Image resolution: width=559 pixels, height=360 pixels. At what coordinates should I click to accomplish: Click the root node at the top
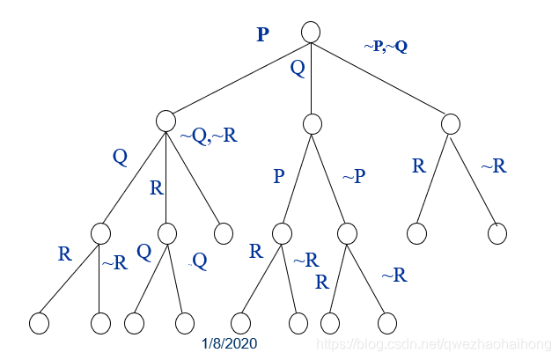[310, 32]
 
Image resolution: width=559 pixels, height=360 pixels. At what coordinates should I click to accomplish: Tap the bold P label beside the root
[262, 35]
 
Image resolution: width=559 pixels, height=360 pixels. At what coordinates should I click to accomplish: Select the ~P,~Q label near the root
[386, 46]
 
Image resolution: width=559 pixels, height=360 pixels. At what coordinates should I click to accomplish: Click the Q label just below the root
[298, 68]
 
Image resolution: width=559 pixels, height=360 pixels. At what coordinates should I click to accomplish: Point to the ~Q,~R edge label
[209, 136]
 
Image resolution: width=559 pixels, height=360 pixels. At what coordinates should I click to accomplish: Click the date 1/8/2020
[229, 344]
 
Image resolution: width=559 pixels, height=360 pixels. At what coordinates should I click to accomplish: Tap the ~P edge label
[353, 177]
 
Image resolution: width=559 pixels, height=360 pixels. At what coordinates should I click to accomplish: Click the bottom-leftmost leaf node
[39, 323]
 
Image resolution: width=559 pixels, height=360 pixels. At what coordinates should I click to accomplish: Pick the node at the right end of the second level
[451, 122]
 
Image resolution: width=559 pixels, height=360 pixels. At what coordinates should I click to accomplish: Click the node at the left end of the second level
[166, 121]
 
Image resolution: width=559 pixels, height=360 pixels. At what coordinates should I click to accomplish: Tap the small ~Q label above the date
[199, 261]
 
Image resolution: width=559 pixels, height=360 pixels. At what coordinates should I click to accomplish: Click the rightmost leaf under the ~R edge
[497, 233]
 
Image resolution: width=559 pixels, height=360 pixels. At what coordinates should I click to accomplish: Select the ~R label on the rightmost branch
[493, 165]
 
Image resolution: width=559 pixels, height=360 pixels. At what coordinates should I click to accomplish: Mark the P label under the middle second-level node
[278, 176]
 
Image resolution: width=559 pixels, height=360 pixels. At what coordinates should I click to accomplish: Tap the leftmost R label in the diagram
[64, 254]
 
